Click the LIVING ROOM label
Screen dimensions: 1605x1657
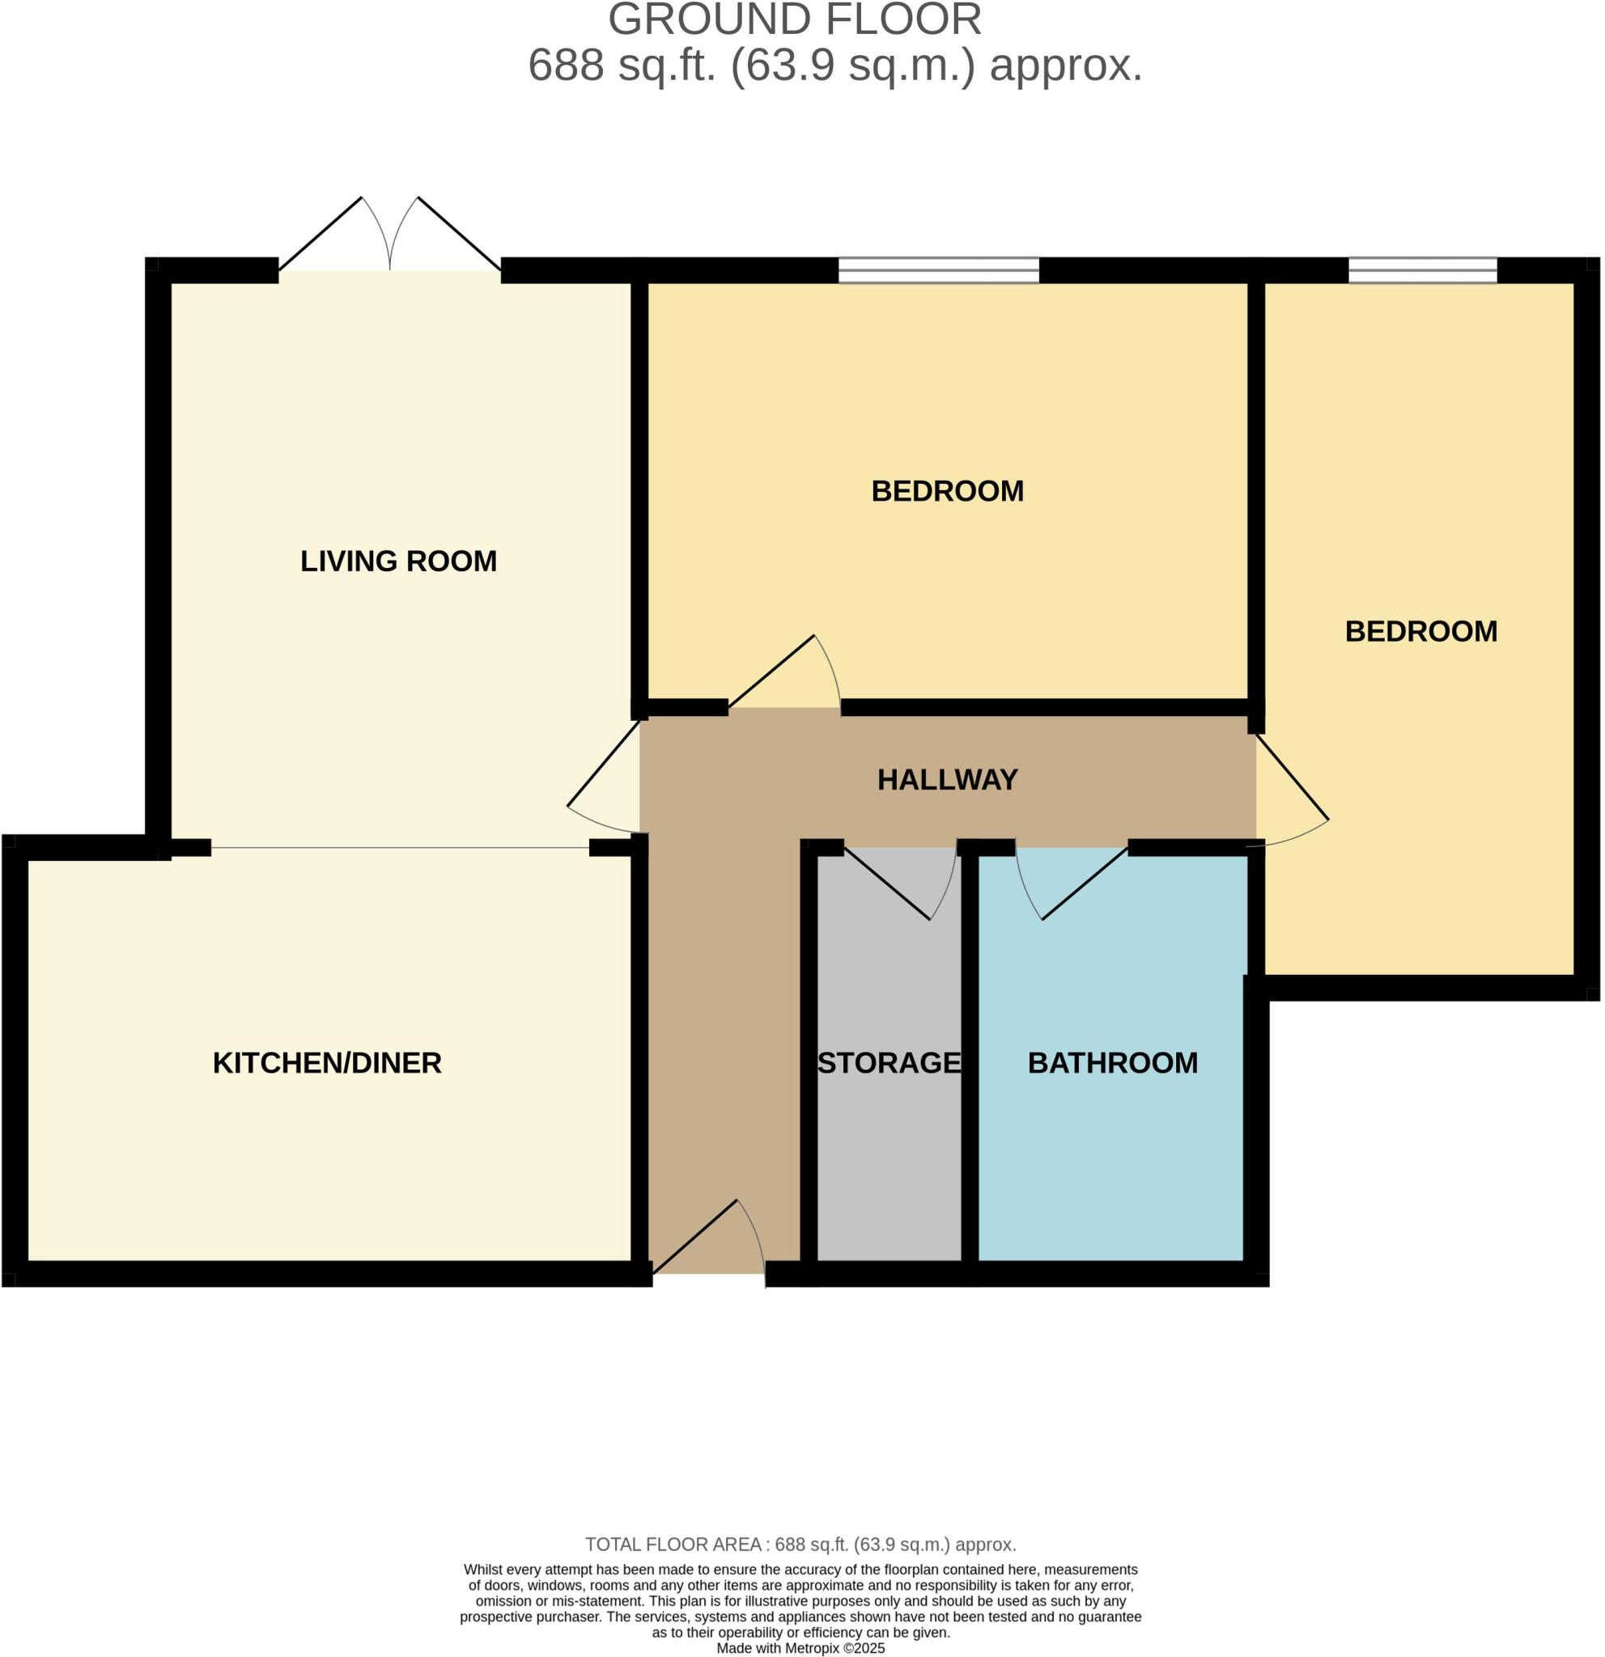coord(398,562)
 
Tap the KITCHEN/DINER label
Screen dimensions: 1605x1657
coord(327,1063)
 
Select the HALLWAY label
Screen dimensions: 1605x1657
coord(947,779)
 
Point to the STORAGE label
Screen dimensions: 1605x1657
coord(890,1063)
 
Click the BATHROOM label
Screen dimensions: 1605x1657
coord(1113,1063)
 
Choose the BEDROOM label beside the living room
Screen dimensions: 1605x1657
coord(947,491)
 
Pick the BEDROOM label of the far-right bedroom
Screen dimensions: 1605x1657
coord(1420,632)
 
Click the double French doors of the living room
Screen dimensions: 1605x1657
coord(390,234)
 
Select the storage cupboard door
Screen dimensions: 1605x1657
coord(901,883)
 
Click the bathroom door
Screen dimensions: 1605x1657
coord(1072,883)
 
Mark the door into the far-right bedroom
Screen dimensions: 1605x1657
coord(1293,790)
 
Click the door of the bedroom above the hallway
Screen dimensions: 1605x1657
coord(784,672)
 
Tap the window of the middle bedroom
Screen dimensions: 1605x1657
coord(939,270)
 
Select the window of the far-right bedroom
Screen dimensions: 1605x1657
coord(1422,270)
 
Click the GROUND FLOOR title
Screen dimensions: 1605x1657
coord(795,19)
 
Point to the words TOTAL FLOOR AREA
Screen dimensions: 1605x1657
coord(674,1545)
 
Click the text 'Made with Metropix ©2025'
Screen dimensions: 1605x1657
coord(800,1649)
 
